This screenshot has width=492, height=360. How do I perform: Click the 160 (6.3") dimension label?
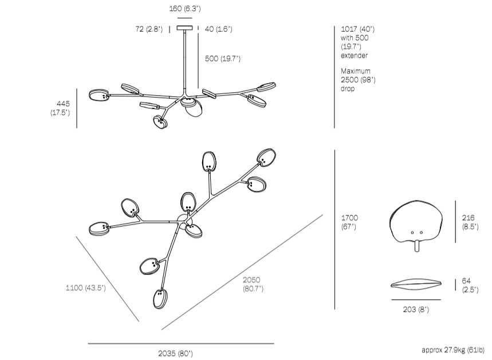(x=184, y=9)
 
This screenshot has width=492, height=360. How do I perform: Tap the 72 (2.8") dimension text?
(x=149, y=29)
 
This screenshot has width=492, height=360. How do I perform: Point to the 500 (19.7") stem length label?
(x=223, y=58)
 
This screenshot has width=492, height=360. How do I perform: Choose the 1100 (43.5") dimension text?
(x=86, y=288)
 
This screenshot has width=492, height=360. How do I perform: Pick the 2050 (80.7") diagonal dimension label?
(x=253, y=284)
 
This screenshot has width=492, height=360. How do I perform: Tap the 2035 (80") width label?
(x=176, y=353)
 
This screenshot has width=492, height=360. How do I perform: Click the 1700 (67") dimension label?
(x=349, y=222)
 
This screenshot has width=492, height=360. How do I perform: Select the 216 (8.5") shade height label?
(x=471, y=222)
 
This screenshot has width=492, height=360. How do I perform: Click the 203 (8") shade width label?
(x=416, y=310)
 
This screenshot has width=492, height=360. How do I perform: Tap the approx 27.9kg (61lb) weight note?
(x=453, y=349)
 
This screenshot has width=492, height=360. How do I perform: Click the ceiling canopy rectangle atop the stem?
(x=185, y=28)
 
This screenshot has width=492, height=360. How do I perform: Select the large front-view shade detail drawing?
(x=416, y=222)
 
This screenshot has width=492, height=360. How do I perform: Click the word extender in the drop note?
(x=354, y=56)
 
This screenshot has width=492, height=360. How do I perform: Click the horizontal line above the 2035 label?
(x=180, y=343)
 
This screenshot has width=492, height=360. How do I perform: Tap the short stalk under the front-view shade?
(x=417, y=245)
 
